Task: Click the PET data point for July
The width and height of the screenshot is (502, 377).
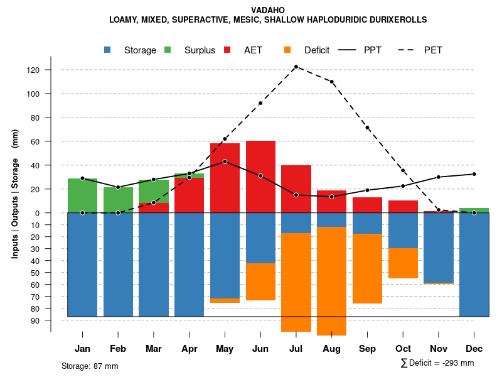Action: tap(296, 67)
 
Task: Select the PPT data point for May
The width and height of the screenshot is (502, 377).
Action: tap(225, 161)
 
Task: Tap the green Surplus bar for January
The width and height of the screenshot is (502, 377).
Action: tap(82, 195)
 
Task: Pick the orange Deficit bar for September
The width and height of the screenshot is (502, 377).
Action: tap(367, 268)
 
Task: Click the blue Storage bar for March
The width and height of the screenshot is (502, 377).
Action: tap(154, 264)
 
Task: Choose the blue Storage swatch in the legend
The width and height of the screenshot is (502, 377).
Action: tap(108, 50)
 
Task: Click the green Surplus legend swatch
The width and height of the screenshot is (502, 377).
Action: tap(168, 50)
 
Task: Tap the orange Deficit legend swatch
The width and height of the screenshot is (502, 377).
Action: tap(287, 50)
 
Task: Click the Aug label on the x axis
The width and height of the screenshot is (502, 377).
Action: tap(331, 349)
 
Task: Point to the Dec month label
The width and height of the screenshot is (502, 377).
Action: tap(474, 349)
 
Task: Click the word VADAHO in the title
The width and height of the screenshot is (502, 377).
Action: tap(268, 10)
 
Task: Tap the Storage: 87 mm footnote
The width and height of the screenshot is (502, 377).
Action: tap(90, 366)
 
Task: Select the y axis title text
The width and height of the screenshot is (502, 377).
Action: tap(15, 199)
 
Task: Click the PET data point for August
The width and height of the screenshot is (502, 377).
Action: tap(331, 82)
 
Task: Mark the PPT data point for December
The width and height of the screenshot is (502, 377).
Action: tap(474, 174)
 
